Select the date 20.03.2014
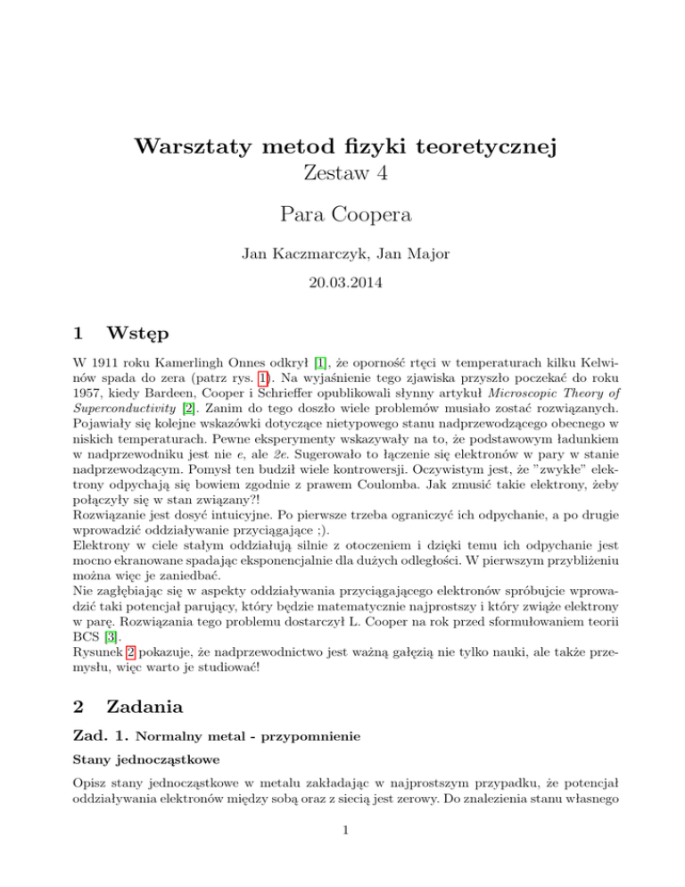tap(342, 289)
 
